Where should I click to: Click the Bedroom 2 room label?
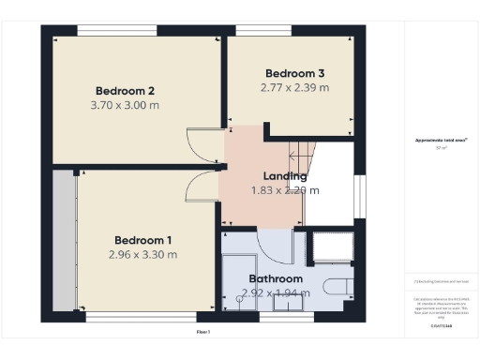[125, 91]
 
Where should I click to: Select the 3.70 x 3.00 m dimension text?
[125, 105]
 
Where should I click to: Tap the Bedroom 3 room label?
[294, 73]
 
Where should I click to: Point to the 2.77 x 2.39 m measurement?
[294, 87]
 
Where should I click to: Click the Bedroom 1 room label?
[142, 239]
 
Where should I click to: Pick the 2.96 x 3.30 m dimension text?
[142, 254]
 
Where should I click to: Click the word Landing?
[285, 175]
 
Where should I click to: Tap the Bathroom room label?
[276, 278]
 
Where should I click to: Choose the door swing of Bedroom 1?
[200, 187]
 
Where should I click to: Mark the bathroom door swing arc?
[277, 246]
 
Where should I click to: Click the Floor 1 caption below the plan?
[202, 332]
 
